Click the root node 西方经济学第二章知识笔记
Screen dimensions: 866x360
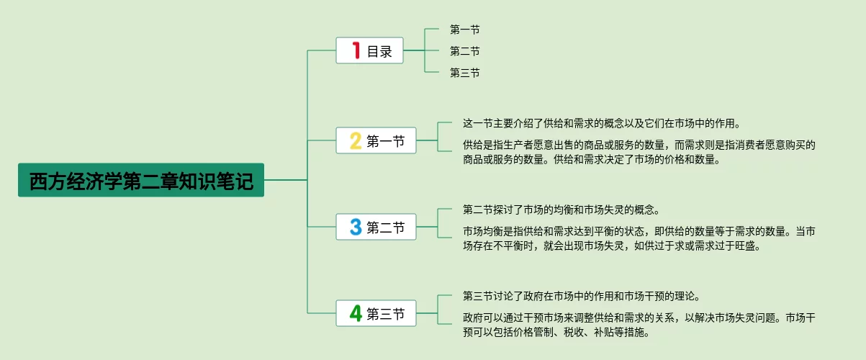click(x=141, y=180)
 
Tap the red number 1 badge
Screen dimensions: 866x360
click(x=356, y=50)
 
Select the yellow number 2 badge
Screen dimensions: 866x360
click(x=356, y=140)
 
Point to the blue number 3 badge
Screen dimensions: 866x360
click(x=356, y=227)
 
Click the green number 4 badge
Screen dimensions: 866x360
click(x=356, y=313)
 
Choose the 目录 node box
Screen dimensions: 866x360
click(x=369, y=50)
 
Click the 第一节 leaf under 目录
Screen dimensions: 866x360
click(x=465, y=30)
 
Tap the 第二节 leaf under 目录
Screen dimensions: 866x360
click(x=465, y=51)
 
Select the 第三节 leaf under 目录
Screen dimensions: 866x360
click(x=465, y=73)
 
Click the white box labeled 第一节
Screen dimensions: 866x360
click(x=376, y=140)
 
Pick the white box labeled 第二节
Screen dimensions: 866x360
click(x=376, y=227)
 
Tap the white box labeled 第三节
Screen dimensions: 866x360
click(x=376, y=313)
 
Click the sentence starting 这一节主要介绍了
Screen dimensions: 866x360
click(x=602, y=123)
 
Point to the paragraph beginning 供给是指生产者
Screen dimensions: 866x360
click(x=639, y=152)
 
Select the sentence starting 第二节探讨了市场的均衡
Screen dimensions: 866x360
click(x=561, y=210)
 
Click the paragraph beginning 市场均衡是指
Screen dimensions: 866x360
click(x=639, y=238)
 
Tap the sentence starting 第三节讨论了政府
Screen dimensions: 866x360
click(x=582, y=296)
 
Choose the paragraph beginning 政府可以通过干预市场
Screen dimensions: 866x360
click(x=639, y=325)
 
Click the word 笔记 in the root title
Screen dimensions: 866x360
click(x=235, y=181)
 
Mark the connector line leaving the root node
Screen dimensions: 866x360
click(x=286, y=180)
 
